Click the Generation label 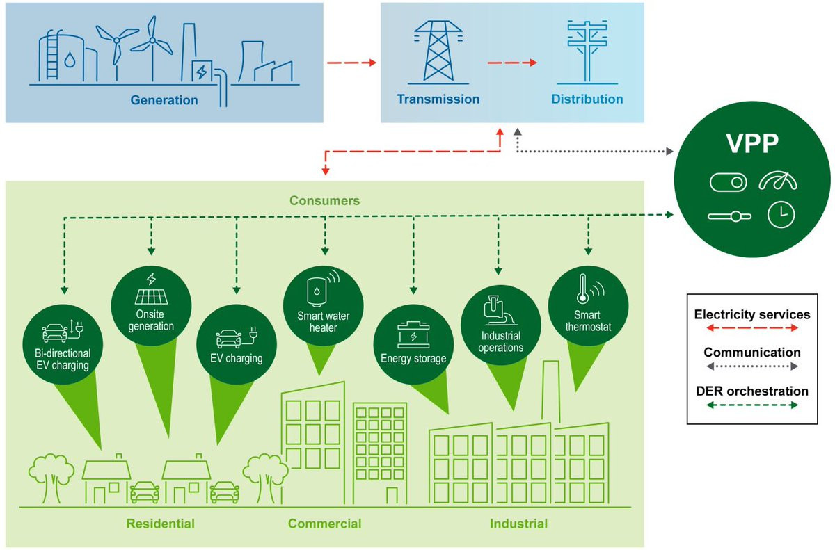(x=164, y=100)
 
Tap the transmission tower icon (x=438, y=52)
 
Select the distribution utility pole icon (x=587, y=52)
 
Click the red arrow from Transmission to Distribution (x=512, y=63)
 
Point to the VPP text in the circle (x=752, y=143)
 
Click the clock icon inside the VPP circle (x=781, y=214)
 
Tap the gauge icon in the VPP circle (x=778, y=181)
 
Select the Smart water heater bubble (x=323, y=305)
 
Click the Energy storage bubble (x=413, y=344)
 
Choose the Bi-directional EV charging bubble (x=63, y=344)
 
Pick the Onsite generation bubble (x=152, y=306)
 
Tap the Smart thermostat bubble (x=588, y=306)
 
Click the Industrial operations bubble (x=500, y=325)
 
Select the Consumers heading (x=325, y=201)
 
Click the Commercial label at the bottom (x=325, y=524)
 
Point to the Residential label (x=160, y=524)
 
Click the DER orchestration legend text (x=752, y=391)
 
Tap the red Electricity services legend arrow (x=752, y=328)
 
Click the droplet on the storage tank (x=70, y=60)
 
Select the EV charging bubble (x=237, y=344)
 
